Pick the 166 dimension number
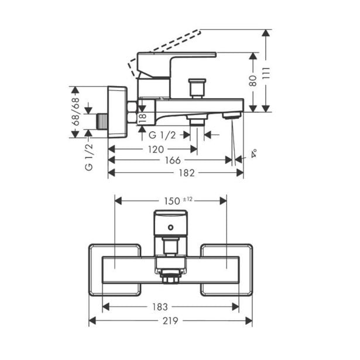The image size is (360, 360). (172, 160)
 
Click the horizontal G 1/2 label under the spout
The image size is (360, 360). (162, 135)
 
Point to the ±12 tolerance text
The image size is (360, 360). (187, 199)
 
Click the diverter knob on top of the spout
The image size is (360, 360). (196, 88)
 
